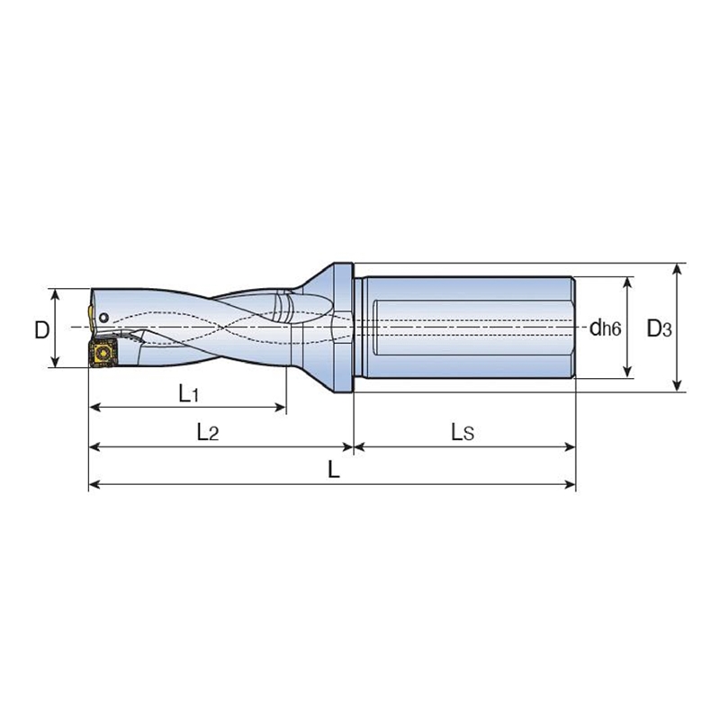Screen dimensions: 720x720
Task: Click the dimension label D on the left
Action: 41,330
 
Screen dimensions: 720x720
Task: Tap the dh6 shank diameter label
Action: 605,328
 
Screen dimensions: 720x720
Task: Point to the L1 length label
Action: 187,393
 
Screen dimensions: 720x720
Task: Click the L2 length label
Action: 207,432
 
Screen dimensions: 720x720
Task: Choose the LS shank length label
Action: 463,432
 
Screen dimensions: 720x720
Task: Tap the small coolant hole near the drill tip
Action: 105,318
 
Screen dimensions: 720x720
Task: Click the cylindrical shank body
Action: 463,328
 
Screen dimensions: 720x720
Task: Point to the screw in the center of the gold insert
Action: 101,354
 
